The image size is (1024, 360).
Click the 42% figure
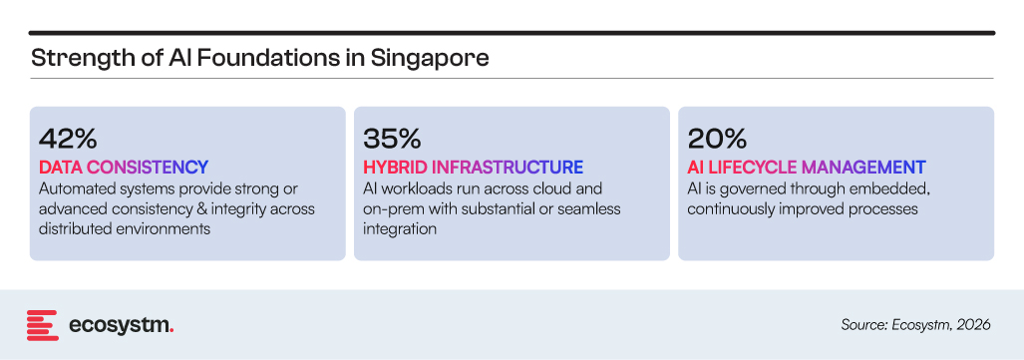(68, 140)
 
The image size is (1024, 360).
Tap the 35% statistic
(392, 140)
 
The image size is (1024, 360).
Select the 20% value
(717, 140)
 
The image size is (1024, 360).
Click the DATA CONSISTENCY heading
(124, 168)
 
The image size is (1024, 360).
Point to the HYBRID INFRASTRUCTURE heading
(473, 168)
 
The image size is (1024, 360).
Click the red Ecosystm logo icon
(43, 325)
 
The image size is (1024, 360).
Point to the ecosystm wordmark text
(121, 325)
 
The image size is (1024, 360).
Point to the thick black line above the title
(512, 33)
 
